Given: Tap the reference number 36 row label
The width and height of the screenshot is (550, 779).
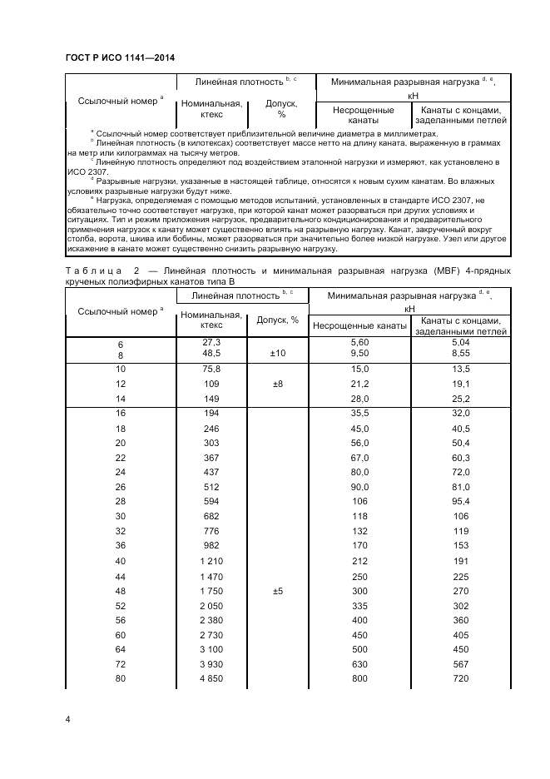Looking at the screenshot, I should (x=121, y=545).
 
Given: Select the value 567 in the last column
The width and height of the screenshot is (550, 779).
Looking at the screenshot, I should (x=460, y=665).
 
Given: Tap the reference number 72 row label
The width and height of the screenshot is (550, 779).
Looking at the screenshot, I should (x=121, y=665).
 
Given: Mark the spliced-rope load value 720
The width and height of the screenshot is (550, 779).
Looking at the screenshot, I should (x=460, y=680).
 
